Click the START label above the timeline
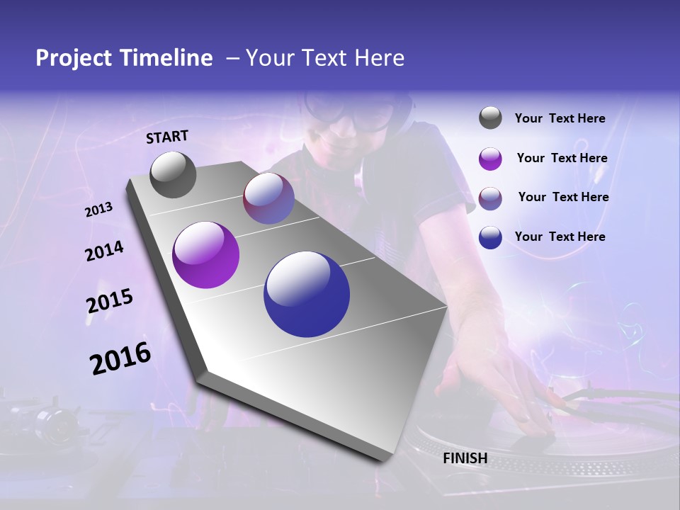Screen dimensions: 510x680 (167, 137)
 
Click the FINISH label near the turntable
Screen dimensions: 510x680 (465, 458)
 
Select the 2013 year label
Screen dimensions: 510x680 (98, 210)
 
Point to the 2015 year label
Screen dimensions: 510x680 (110, 301)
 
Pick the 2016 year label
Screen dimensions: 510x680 (120, 358)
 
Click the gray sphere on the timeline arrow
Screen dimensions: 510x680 (173, 175)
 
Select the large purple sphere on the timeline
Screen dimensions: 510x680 (205, 255)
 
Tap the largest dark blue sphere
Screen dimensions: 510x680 (307, 294)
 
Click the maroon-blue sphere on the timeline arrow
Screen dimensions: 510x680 (268, 198)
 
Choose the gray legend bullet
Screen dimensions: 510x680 (490, 118)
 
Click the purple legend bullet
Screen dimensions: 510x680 (490, 159)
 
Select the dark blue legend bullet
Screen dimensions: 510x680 (490, 237)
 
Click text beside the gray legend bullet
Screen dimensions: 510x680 (560, 119)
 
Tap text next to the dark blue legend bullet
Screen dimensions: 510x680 (560, 237)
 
